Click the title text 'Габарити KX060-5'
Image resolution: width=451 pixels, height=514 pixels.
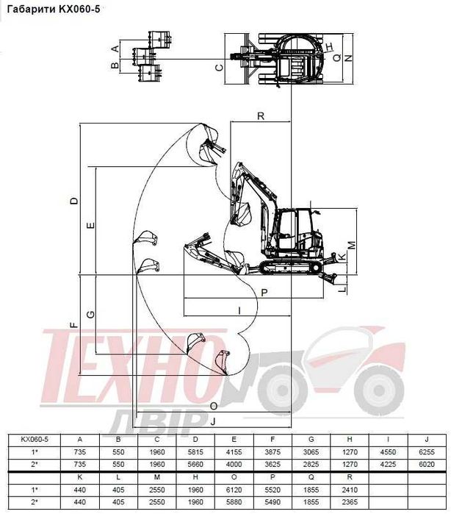pyautogui.click(x=53, y=10)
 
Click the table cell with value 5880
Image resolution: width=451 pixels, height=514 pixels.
pyautogui.click(x=234, y=502)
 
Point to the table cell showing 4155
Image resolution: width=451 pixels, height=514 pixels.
pyautogui.click(x=234, y=451)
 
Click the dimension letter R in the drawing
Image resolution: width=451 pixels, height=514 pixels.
pyautogui.click(x=261, y=115)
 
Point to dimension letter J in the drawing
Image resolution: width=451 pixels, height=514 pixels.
pyautogui.click(x=212, y=421)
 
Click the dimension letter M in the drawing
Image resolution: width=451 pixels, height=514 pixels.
pyautogui.click(x=351, y=244)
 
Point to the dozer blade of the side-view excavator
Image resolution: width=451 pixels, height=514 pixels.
pyautogui.click(x=332, y=277)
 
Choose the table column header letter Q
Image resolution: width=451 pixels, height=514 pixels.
pyautogui.click(x=311, y=477)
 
